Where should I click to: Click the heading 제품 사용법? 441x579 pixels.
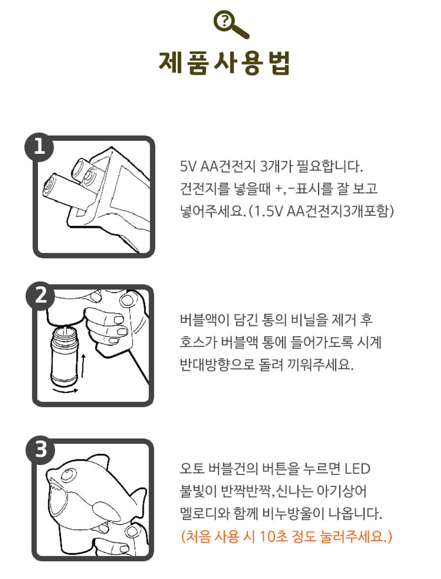pos(224,63)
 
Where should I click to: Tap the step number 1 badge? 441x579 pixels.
pos(39,147)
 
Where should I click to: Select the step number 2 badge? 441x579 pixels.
pos(40,296)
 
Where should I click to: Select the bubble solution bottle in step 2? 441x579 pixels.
pos(65,357)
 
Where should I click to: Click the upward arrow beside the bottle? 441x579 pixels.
pos(83,366)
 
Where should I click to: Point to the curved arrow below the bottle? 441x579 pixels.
pos(65,390)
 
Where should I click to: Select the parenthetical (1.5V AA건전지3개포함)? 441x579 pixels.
pos(321,211)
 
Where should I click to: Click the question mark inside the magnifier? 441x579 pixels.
pos(224,21)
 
